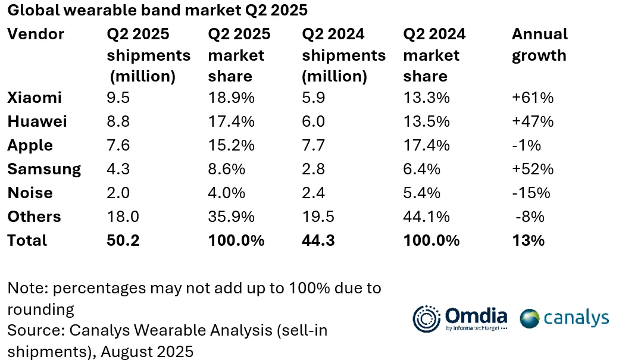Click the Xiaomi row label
click(34, 98)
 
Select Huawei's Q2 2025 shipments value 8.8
click(118, 121)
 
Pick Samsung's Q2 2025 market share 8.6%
click(226, 169)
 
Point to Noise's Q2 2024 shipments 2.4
click(314, 193)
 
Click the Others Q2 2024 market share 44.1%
click(426, 217)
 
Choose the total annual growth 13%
click(528, 240)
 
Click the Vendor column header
click(36, 34)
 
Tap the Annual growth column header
click(539, 45)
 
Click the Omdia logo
click(461, 317)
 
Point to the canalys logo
click(564, 318)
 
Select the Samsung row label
click(44, 169)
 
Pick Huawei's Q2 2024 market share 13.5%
click(426, 121)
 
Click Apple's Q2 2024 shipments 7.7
click(314, 145)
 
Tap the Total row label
click(27, 240)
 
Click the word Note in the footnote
click(27, 289)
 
